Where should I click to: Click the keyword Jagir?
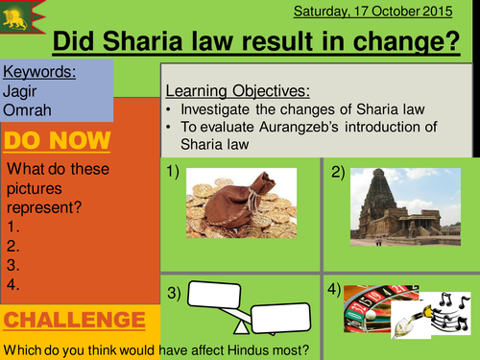pos(20,90)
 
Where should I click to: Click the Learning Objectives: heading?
pos(237,90)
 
